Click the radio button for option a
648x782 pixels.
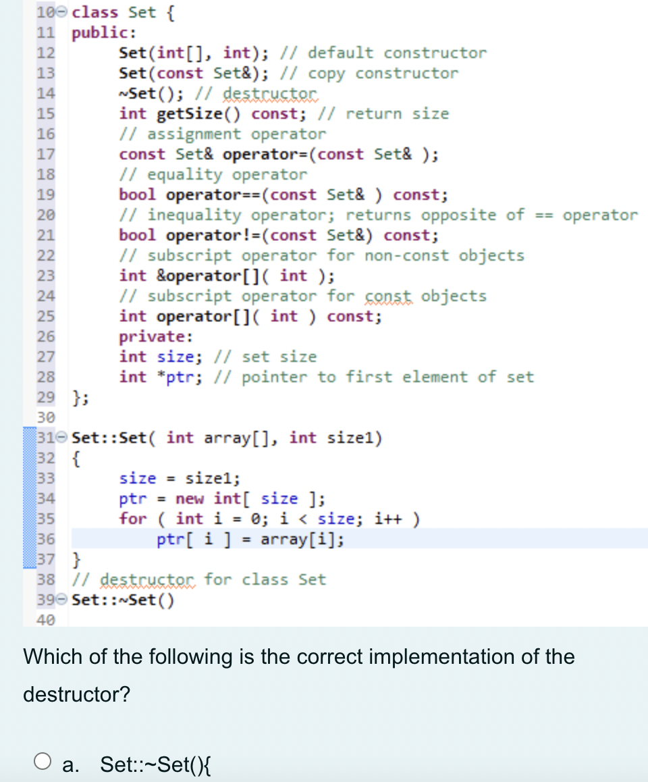(x=43, y=762)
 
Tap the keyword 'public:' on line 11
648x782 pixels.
(x=104, y=32)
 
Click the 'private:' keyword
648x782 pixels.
(x=156, y=336)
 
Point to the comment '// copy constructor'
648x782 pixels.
(x=373, y=73)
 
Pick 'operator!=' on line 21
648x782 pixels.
(x=213, y=236)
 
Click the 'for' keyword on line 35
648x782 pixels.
(x=133, y=519)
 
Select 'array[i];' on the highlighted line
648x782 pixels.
(x=302, y=540)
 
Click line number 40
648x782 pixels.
(x=46, y=620)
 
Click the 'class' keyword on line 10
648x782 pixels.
(x=94, y=12)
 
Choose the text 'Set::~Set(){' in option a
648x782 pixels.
(x=157, y=764)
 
